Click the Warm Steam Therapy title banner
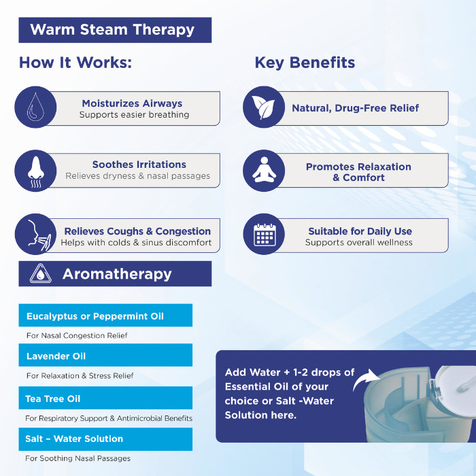(x=114, y=30)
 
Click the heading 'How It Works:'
(x=75, y=63)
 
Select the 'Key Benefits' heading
(x=305, y=63)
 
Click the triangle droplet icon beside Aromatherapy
(x=41, y=274)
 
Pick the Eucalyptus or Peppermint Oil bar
(x=105, y=316)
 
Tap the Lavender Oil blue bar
(x=105, y=356)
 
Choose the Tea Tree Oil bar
(x=105, y=398)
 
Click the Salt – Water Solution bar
(x=105, y=439)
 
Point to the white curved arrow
(x=367, y=381)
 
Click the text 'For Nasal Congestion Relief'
(x=77, y=335)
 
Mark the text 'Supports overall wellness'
(x=358, y=243)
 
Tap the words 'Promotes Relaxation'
(x=358, y=167)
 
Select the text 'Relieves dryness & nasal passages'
(x=138, y=176)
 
